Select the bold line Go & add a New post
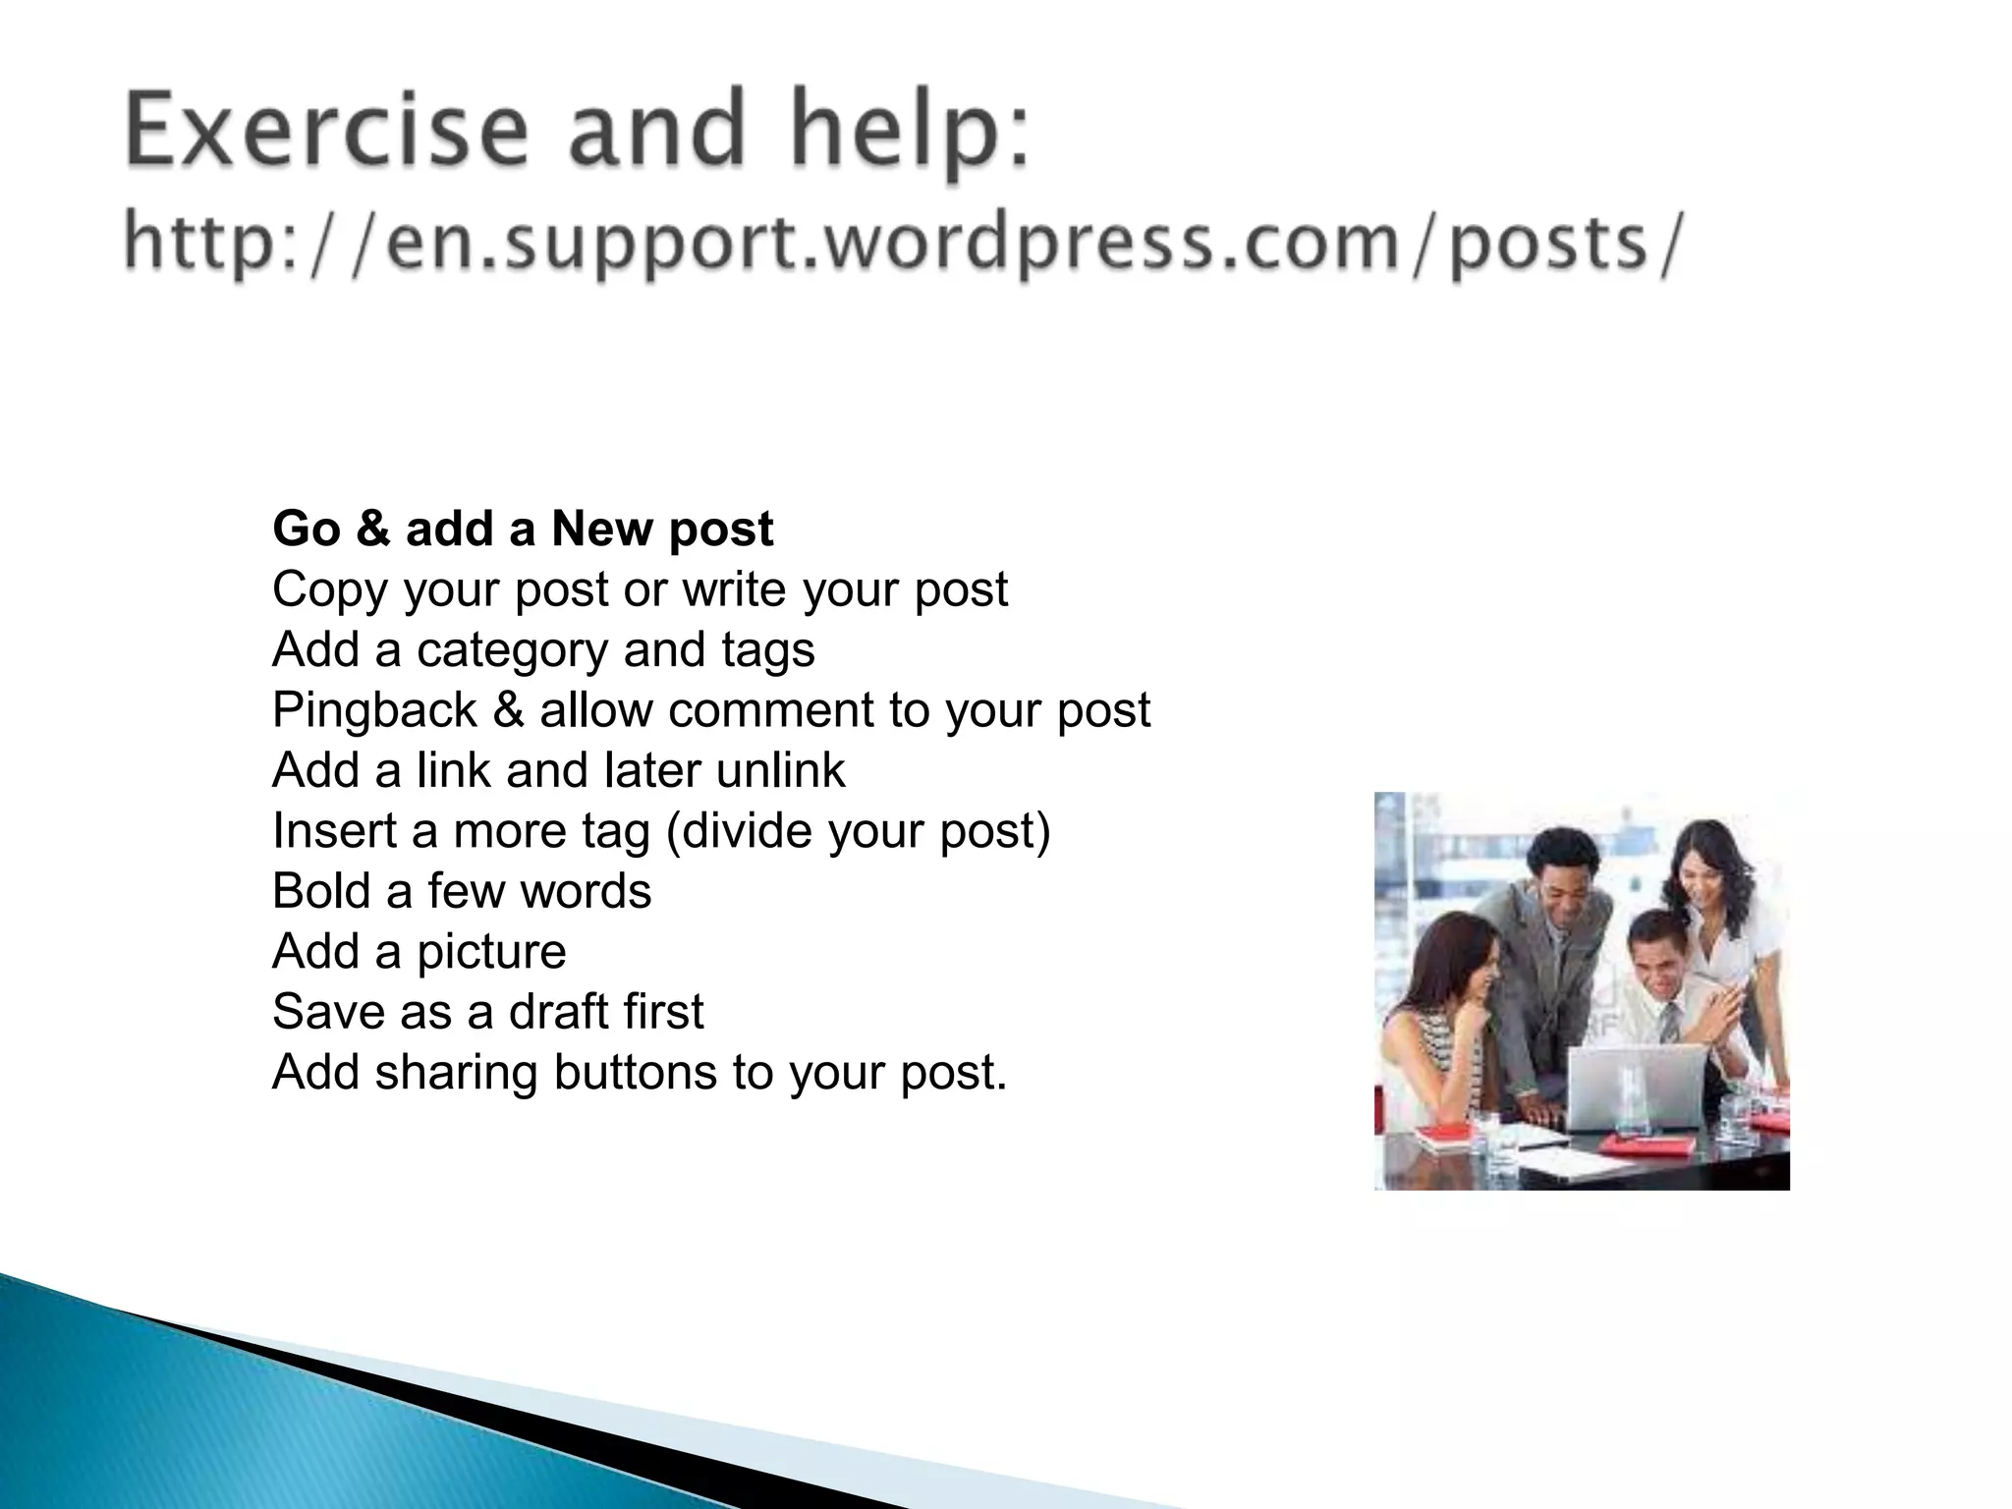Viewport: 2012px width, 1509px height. (x=523, y=529)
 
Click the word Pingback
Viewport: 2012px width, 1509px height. (x=374, y=710)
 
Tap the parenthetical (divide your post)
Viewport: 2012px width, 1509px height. (x=858, y=831)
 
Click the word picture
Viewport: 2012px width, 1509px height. (x=491, y=952)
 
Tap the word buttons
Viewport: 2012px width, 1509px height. (x=635, y=1072)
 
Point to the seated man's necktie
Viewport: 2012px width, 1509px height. (x=1669, y=1022)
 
